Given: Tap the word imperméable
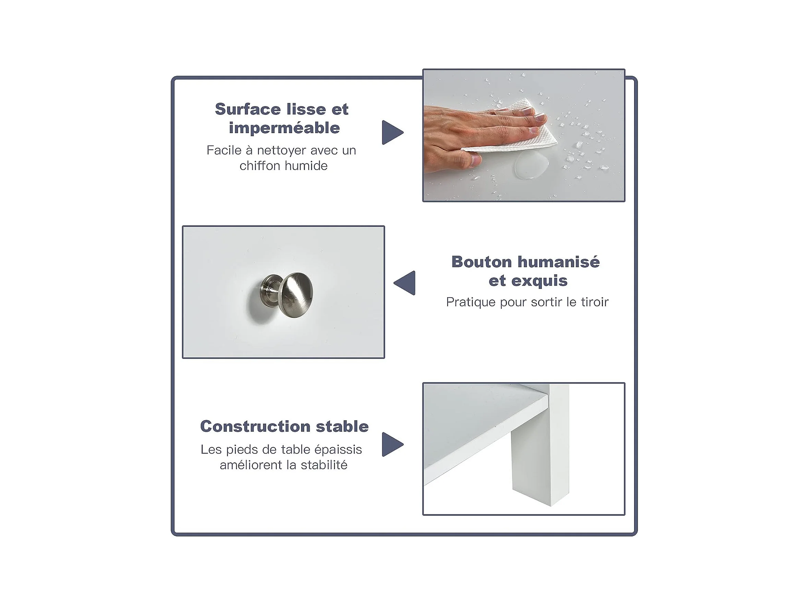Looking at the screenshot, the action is [284, 128].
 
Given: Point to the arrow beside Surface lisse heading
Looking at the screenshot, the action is [392, 132].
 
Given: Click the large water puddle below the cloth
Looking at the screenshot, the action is [531, 165].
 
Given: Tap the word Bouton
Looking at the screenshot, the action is [482, 262].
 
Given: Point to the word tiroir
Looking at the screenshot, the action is [595, 302].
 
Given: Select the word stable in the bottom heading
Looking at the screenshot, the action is [342, 426].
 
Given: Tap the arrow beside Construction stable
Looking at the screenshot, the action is [392, 444].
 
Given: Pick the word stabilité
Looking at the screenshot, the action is [324, 465].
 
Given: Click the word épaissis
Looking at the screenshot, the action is [338, 450].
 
